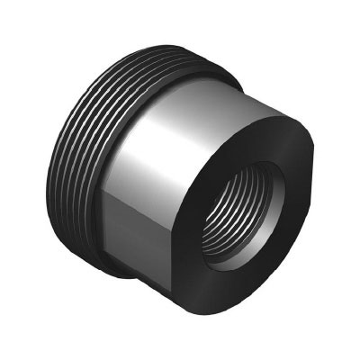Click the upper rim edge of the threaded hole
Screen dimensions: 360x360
[247, 167]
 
